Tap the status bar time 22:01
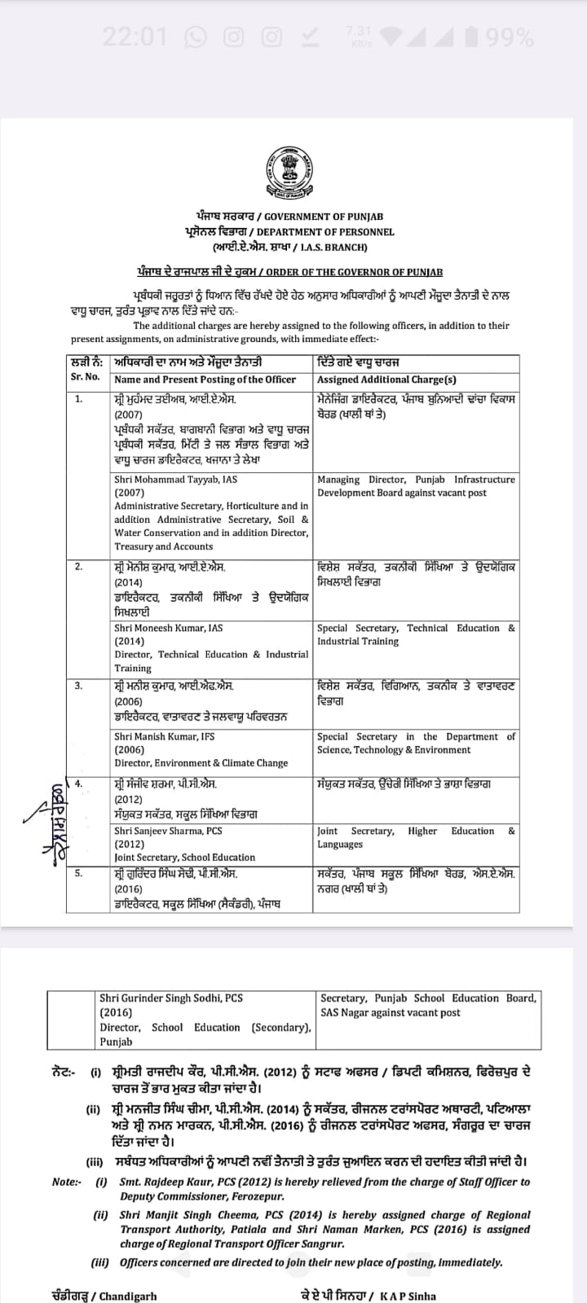[x=135, y=37]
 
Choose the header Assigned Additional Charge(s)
[x=386, y=379]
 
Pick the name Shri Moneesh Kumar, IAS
[x=169, y=628]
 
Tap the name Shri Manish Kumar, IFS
[x=167, y=736]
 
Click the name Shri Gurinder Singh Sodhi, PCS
[x=171, y=998]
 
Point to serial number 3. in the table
[x=78, y=686]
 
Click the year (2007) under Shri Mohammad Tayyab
[x=129, y=493]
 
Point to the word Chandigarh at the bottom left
[x=128, y=1296]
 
